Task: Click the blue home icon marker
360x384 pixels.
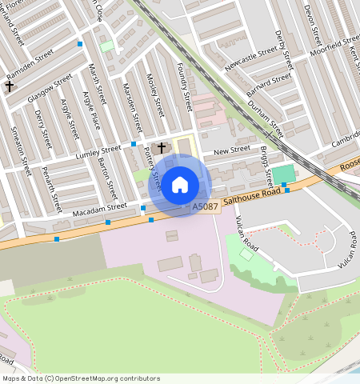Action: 180,184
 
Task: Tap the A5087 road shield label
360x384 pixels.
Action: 205,206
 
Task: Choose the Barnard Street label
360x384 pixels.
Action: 270,83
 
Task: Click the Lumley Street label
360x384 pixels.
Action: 98,151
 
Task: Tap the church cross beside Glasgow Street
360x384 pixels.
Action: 10,85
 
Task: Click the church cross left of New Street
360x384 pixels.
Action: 162,147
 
